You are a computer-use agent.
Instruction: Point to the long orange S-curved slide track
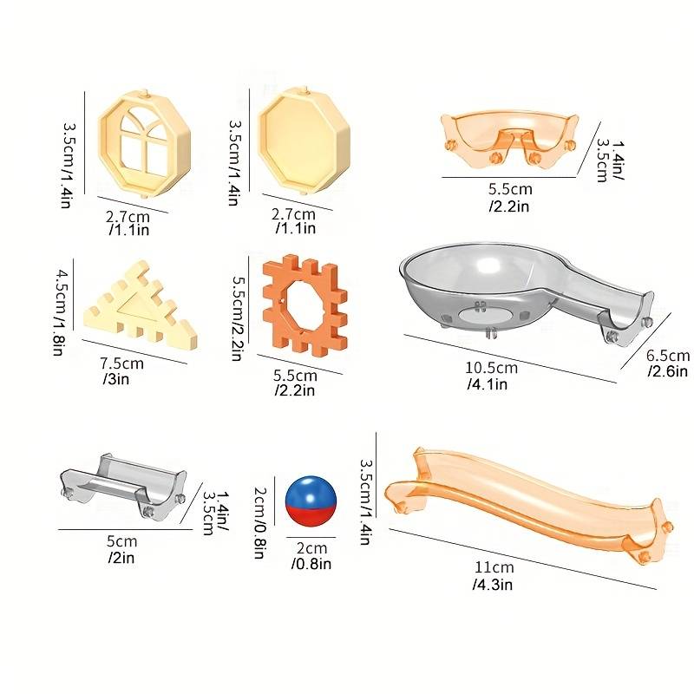pyautogui.click(x=527, y=505)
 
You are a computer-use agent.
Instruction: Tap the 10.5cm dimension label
pyautogui.click(x=491, y=368)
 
